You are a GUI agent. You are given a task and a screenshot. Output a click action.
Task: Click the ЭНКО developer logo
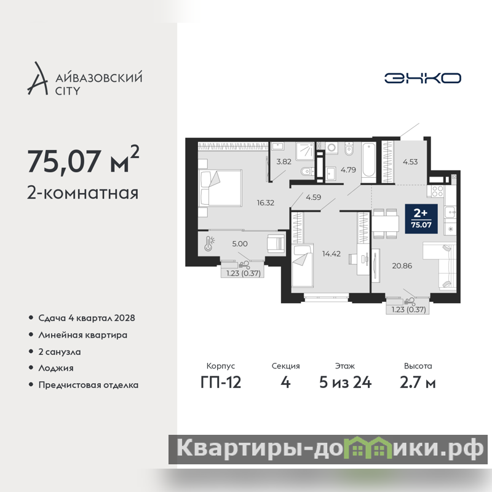pyautogui.click(x=423, y=78)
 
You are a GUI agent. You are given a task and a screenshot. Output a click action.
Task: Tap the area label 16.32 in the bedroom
pyautogui.click(x=266, y=203)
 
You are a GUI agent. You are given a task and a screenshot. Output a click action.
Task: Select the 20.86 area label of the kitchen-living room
pyautogui.click(x=402, y=266)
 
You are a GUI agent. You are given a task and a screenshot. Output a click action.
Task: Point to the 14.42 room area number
pyautogui.click(x=331, y=253)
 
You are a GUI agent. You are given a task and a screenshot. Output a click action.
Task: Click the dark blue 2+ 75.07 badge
pyautogui.click(x=421, y=219)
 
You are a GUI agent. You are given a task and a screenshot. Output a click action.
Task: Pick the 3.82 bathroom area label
pyautogui.click(x=284, y=162)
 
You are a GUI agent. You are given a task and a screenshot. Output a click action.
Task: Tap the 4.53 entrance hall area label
pyautogui.click(x=410, y=162)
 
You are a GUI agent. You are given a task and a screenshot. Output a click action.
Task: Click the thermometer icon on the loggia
pyautogui.click(x=209, y=244)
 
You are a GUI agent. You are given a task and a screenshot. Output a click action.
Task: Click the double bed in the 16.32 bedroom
pyautogui.click(x=220, y=188)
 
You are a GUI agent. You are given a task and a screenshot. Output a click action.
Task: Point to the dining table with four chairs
pyautogui.click(x=386, y=223)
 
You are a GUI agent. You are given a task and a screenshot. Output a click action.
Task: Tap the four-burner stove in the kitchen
pyautogui.click(x=437, y=191)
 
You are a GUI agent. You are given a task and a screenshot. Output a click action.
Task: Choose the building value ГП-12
pyautogui.click(x=221, y=383)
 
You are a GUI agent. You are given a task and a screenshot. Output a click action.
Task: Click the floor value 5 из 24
pyautogui.click(x=345, y=383)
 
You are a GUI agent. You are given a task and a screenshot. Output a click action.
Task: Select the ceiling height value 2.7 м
pyautogui.click(x=418, y=383)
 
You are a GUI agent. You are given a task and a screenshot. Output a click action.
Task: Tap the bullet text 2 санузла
pyautogui.click(x=60, y=352)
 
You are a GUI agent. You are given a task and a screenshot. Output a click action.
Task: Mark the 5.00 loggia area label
pyautogui.click(x=240, y=244)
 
